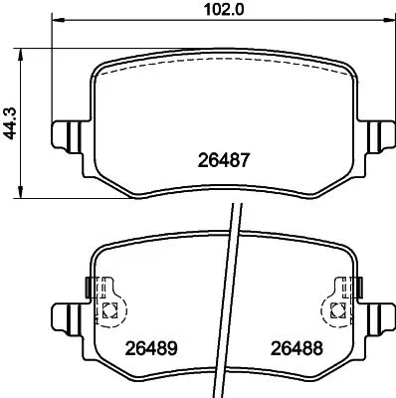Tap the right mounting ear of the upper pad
coord(376,133)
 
